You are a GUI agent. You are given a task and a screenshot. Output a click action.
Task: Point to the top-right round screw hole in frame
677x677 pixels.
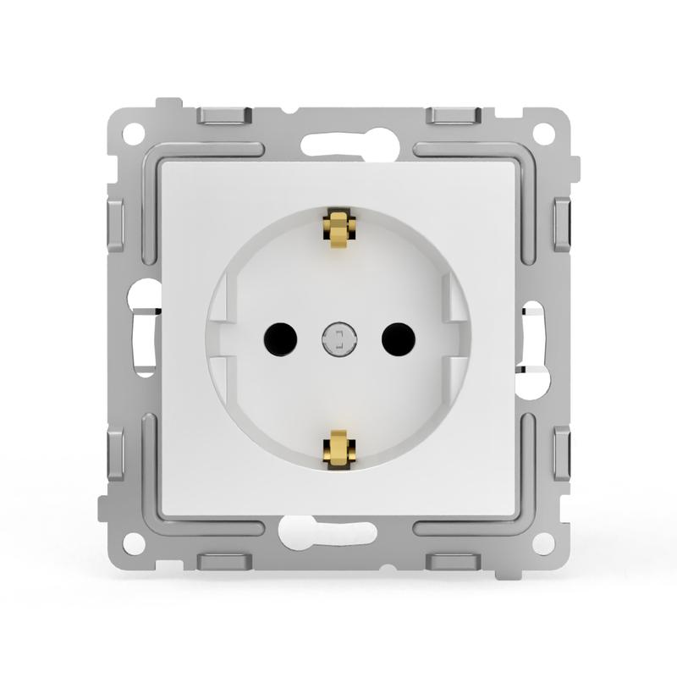[542, 134]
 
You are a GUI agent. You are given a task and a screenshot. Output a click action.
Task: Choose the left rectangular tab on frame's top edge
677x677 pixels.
[224, 115]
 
